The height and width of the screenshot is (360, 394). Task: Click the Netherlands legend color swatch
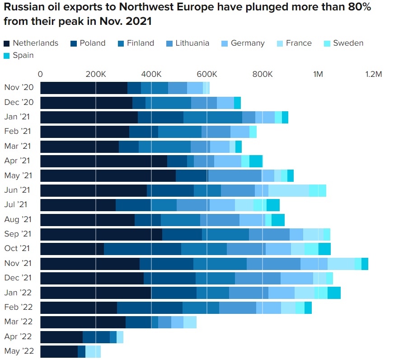(x=7, y=43)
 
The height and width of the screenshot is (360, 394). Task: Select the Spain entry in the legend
(x=23, y=56)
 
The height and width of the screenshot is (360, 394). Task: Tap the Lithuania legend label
(x=192, y=43)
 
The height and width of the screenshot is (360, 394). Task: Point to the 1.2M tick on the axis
(x=374, y=74)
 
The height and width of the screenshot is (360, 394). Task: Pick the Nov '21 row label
(x=18, y=263)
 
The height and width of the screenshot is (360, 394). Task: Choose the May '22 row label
(x=18, y=351)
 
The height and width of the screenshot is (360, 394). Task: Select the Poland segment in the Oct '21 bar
(x=142, y=249)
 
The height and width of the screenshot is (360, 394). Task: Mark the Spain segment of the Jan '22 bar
(x=334, y=293)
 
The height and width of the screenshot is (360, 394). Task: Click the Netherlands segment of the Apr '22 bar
(x=61, y=336)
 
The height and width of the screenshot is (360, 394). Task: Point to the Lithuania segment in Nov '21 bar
(x=273, y=263)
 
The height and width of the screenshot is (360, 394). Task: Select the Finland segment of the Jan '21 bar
(x=212, y=117)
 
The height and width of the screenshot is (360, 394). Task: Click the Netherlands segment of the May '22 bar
(x=59, y=351)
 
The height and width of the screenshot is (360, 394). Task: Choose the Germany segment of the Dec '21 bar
(x=296, y=278)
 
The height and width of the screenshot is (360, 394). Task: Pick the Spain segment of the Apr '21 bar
(x=256, y=161)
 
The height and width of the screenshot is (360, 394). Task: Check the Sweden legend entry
(x=348, y=43)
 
